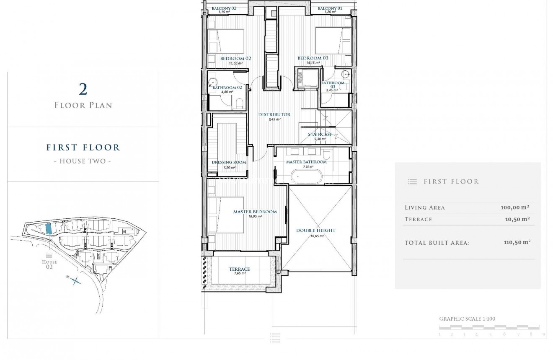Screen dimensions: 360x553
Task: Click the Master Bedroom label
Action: [255, 212]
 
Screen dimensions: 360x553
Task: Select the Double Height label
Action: [315, 231]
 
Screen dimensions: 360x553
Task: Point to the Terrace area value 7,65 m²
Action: [239, 273]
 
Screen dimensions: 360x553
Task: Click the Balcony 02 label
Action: [224, 8]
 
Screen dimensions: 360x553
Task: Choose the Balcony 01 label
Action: [330, 8]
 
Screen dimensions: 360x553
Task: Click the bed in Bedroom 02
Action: [226, 42]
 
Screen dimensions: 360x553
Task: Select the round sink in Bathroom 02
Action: [214, 82]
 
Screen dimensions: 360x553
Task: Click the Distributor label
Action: [274, 114]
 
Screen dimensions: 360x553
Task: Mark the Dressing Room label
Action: [229, 162]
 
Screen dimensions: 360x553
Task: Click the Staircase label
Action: [320, 135]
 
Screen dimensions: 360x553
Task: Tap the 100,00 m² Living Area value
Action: [514, 207]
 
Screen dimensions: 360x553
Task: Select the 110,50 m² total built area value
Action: [517, 243]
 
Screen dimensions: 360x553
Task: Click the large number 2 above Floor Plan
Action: [83, 89]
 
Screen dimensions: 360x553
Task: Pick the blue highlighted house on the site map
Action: [48, 228]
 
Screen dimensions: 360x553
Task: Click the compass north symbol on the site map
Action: [75, 280]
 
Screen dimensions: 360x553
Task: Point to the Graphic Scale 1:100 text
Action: [467, 319]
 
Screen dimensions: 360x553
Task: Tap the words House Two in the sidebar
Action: [83, 161]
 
